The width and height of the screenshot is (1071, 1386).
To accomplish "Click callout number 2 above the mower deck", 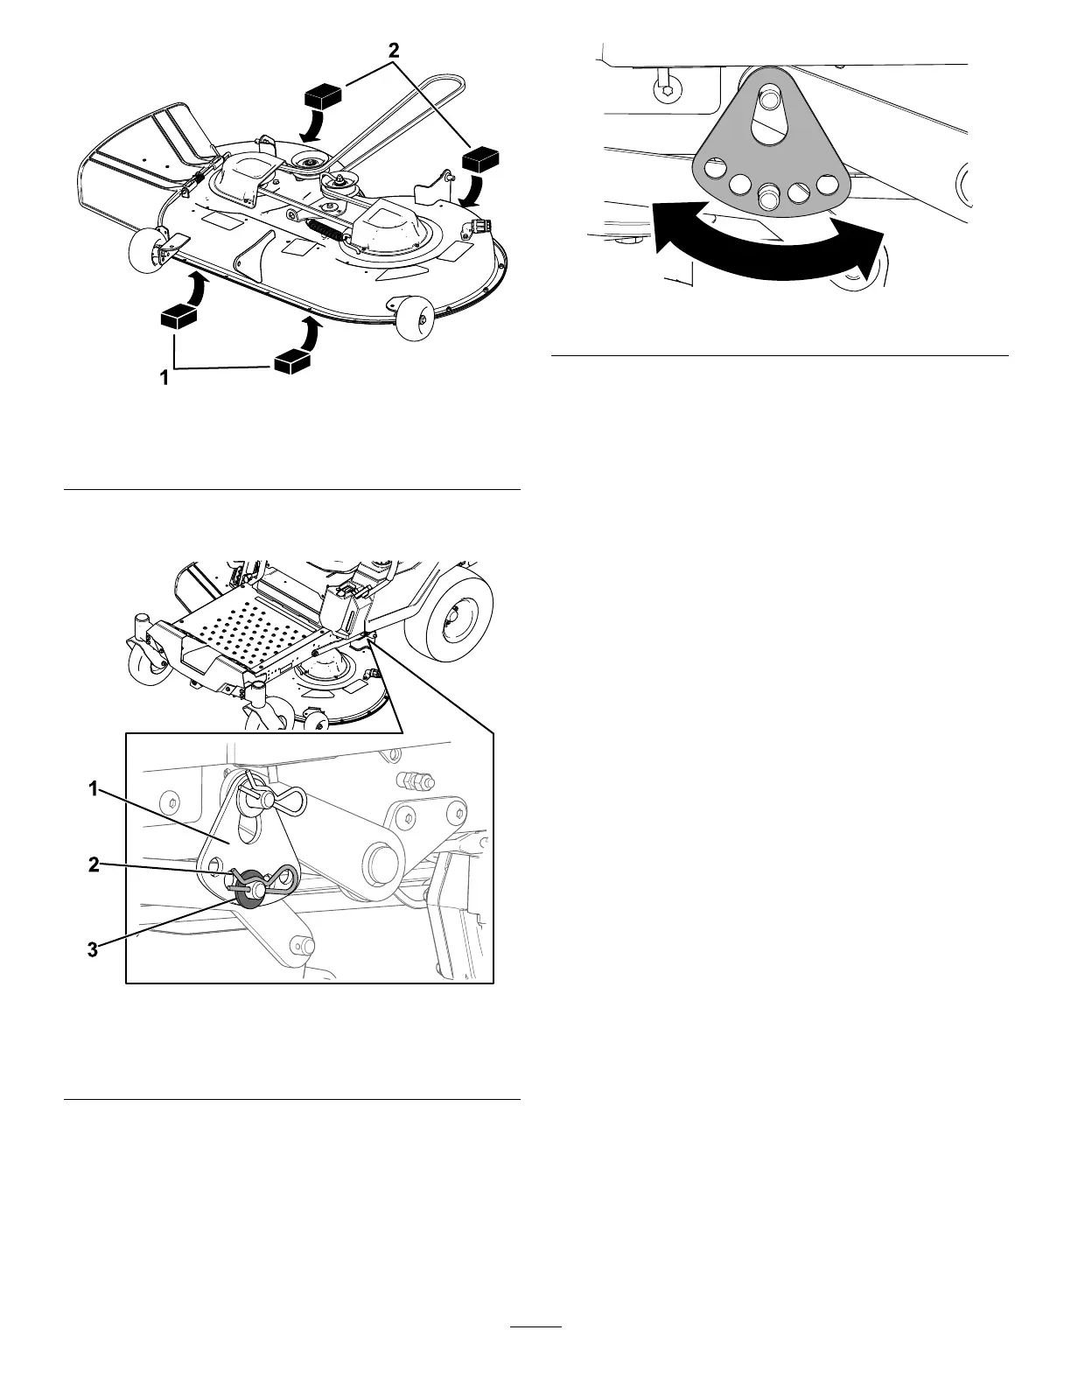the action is point(395,51).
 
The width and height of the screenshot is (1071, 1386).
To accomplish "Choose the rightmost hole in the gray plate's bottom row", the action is point(826,185).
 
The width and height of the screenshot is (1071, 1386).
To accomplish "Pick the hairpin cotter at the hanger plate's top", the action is point(273,796).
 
